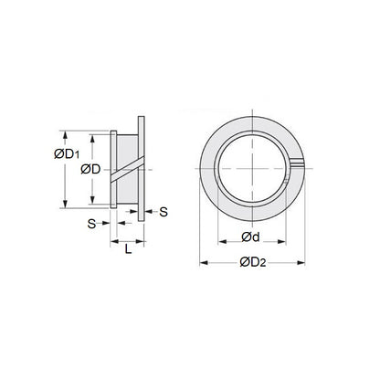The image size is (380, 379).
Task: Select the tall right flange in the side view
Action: tap(141, 164)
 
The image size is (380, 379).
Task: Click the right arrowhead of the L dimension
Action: tap(143, 240)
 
